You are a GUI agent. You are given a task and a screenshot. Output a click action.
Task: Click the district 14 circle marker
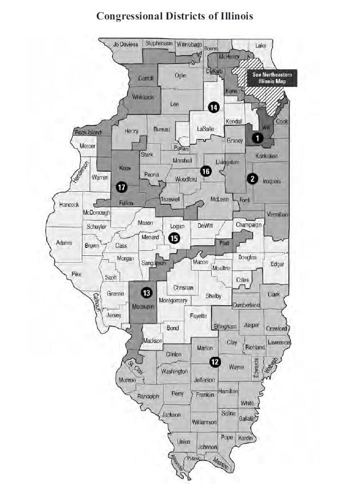coord(213,107)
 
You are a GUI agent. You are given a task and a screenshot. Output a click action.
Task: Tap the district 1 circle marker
coord(258,138)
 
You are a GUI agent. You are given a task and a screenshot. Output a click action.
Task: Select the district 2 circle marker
coord(252,179)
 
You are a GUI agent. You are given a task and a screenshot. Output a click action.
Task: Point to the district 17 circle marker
coord(121,187)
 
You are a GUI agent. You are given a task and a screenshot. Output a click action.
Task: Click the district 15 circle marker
coord(175,238)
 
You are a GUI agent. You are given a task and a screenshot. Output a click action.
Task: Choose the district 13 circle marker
coord(147,293)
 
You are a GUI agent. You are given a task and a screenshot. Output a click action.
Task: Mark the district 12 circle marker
coord(215,361)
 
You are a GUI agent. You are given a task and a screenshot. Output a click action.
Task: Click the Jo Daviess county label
coord(125,44)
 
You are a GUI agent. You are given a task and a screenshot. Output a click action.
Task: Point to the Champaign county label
coord(248,225)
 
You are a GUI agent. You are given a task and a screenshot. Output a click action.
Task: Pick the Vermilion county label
coord(278,214)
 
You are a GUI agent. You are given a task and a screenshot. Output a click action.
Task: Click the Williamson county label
coord(204,422)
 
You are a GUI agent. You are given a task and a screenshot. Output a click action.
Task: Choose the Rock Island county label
coord(88,133)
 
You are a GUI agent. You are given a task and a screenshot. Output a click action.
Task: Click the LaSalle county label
coord(205,129)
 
